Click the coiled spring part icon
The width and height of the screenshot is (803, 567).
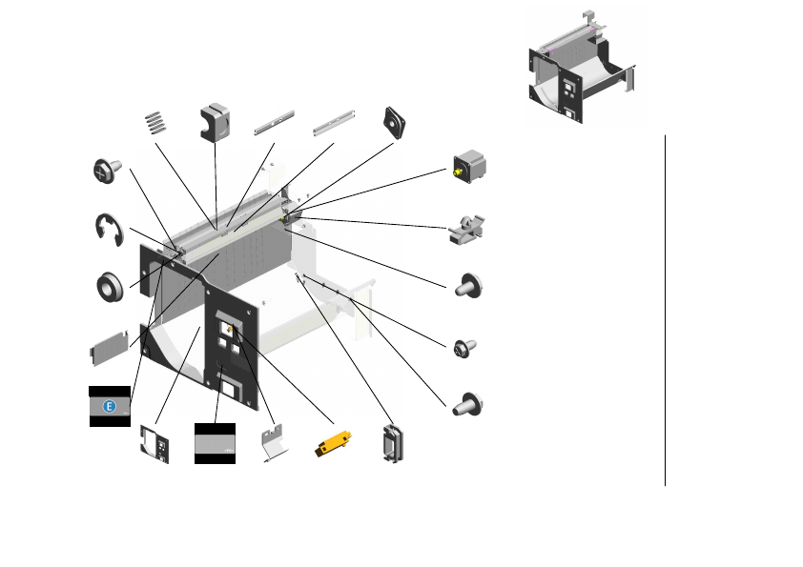coord(154,124)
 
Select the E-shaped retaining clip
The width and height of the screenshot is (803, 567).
coord(110,230)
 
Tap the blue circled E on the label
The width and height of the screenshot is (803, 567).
coord(109,407)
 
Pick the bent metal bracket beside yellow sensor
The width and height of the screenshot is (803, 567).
coord(274,444)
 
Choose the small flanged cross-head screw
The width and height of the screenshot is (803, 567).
coord(464,348)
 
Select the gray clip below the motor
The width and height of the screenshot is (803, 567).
coord(466,229)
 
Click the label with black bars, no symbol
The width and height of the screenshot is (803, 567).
coord(215,443)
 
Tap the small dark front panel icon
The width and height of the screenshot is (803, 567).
coord(155,443)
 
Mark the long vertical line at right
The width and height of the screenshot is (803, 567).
coord(665,310)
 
